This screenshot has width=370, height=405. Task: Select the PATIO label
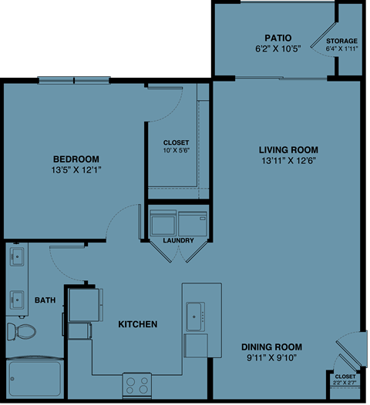click(x=276, y=37)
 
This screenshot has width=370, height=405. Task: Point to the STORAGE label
click(x=341, y=41)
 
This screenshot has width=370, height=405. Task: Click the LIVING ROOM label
click(x=288, y=149)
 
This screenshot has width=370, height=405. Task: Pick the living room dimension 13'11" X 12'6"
click(x=288, y=161)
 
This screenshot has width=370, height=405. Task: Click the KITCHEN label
click(x=138, y=324)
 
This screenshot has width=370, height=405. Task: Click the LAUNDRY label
click(x=178, y=240)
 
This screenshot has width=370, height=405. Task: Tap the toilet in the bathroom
click(x=22, y=332)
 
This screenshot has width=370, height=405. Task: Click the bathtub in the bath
click(x=35, y=379)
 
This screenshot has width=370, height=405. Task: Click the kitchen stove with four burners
click(x=138, y=383)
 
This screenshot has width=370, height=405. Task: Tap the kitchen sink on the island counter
click(x=193, y=313)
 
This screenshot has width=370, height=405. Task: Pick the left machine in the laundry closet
click(x=163, y=223)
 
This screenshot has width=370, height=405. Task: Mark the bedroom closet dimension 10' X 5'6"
click(x=177, y=148)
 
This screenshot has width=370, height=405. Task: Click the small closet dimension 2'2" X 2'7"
click(x=345, y=380)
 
